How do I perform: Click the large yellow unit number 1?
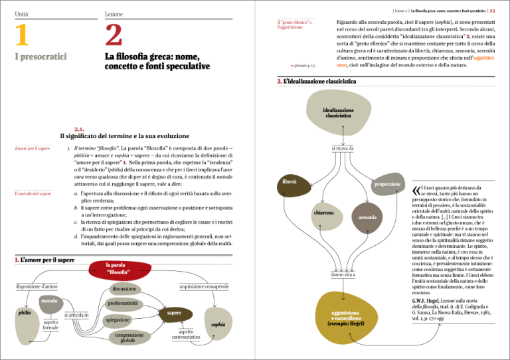pos(22,35)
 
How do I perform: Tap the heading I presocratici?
pos(41,58)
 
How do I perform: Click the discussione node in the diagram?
pos(124,289)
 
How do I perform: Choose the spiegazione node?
pos(118,320)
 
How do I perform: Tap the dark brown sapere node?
pos(175,314)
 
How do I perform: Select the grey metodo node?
pos(49,303)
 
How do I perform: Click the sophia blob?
pos(217,325)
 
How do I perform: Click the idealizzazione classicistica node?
pos(338,114)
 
